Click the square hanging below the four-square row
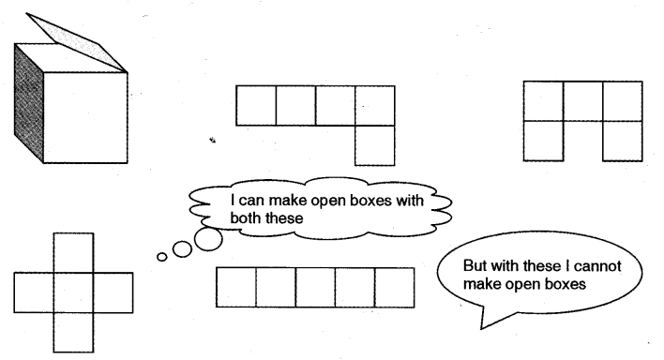pyautogui.click(x=375, y=145)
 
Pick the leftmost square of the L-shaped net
pyautogui.click(x=255, y=105)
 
